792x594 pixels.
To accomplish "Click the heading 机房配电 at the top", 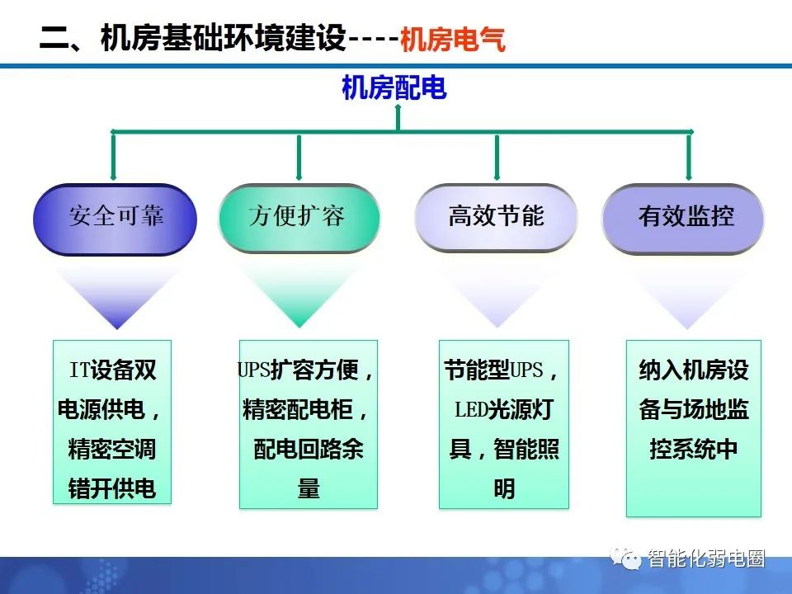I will click(394, 87).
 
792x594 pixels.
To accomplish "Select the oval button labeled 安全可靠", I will click(115, 219).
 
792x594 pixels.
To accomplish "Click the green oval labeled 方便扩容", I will click(299, 219).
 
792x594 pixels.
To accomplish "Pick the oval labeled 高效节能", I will click(496, 219).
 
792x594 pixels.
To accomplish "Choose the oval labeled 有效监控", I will click(685, 219).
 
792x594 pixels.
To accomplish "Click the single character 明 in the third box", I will click(503, 489).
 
